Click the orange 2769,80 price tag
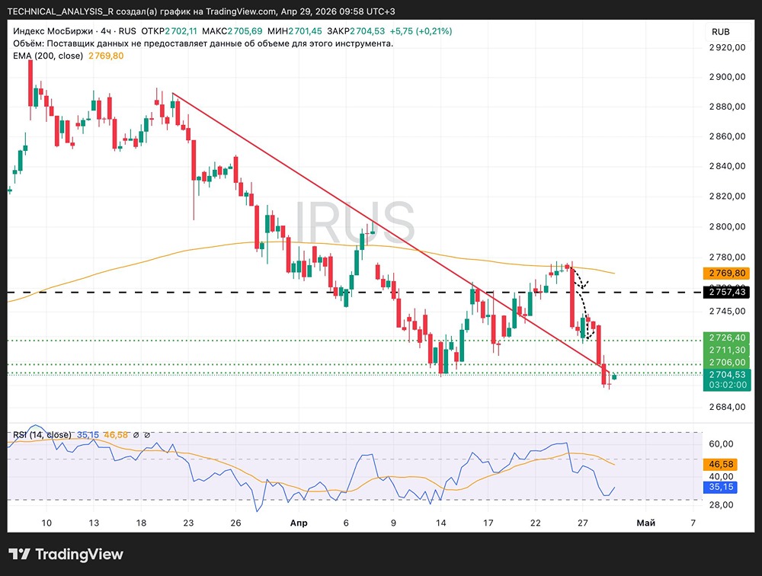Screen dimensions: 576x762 (x=728, y=273)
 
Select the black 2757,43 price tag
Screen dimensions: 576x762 (x=728, y=292)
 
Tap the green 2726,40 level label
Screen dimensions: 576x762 (x=728, y=337)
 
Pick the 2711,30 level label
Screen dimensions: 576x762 (x=728, y=350)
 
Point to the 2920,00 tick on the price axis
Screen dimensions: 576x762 (x=728, y=47)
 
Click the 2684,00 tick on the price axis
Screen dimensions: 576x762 (x=728, y=406)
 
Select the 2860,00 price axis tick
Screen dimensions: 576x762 (x=728, y=136)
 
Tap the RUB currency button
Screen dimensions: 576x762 (x=720, y=31)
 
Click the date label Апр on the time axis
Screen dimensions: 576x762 (x=299, y=523)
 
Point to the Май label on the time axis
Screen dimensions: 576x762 (x=645, y=523)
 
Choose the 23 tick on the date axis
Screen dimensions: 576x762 (x=188, y=523)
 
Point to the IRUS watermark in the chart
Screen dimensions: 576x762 (x=355, y=224)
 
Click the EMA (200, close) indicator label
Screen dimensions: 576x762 (x=47, y=56)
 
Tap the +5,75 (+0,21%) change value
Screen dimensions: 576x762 (x=420, y=31)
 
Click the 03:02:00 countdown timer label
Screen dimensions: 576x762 (x=728, y=385)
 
